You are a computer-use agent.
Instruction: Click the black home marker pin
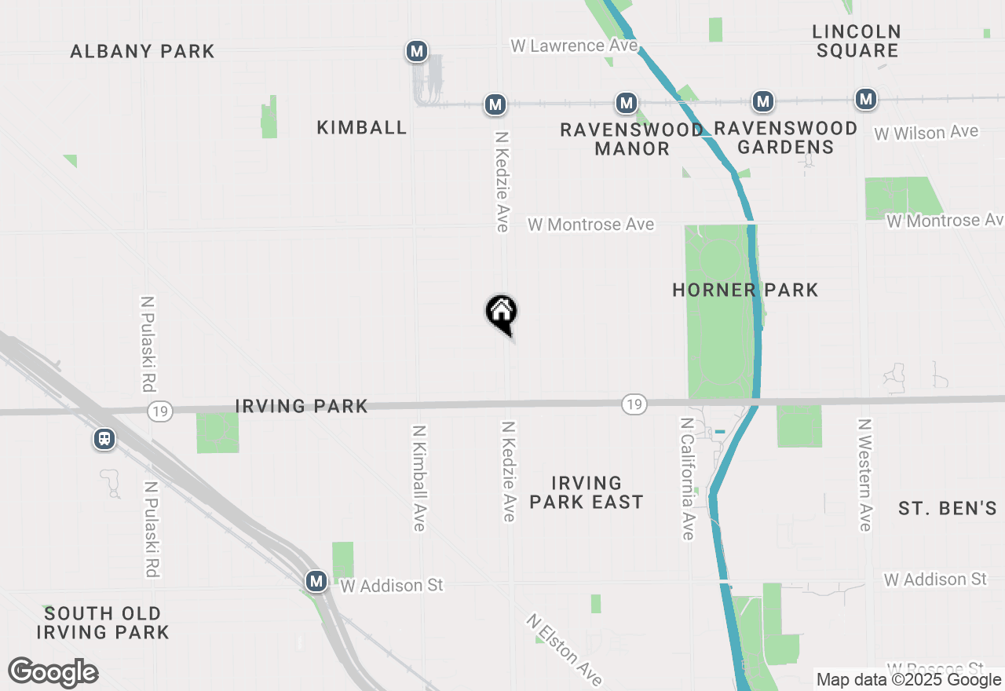click(501, 313)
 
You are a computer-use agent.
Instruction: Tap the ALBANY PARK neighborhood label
click(142, 52)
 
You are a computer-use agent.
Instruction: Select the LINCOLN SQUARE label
click(857, 42)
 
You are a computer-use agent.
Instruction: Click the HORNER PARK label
click(745, 291)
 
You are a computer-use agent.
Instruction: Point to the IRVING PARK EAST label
click(587, 492)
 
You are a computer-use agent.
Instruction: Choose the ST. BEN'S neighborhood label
click(947, 509)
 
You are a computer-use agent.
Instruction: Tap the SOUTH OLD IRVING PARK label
click(103, 623)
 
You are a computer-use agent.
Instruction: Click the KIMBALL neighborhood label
click(362, 128)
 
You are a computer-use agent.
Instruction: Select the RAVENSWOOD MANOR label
click(631, 139)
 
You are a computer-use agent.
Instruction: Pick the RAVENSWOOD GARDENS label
click(785, 137)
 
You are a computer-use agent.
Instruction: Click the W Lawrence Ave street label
click(574, 46)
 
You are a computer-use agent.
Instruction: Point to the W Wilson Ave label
click(926, 133)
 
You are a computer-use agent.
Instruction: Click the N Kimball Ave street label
click(418, 477)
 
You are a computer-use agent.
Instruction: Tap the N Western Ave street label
click(864, 474)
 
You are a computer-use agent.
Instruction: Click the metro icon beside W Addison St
click(316, 581)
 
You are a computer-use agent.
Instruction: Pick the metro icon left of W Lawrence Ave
click(416, 52)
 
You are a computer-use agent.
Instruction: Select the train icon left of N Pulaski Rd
click(104, 439)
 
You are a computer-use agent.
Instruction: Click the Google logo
click(53, 673)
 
